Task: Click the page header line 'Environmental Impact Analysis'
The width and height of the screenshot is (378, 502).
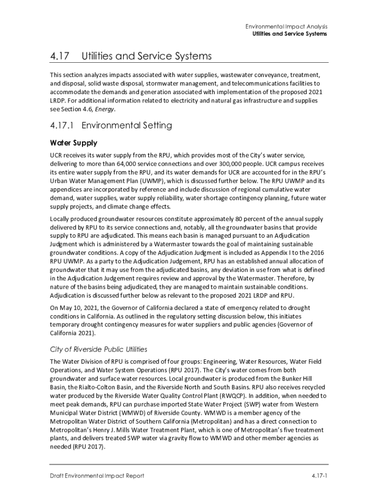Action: point(287,26)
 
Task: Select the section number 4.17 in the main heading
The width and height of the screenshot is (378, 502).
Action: point(59,56)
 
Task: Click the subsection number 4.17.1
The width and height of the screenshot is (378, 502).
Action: point(62,125)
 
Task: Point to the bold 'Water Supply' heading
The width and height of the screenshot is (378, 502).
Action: point(74,143)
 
